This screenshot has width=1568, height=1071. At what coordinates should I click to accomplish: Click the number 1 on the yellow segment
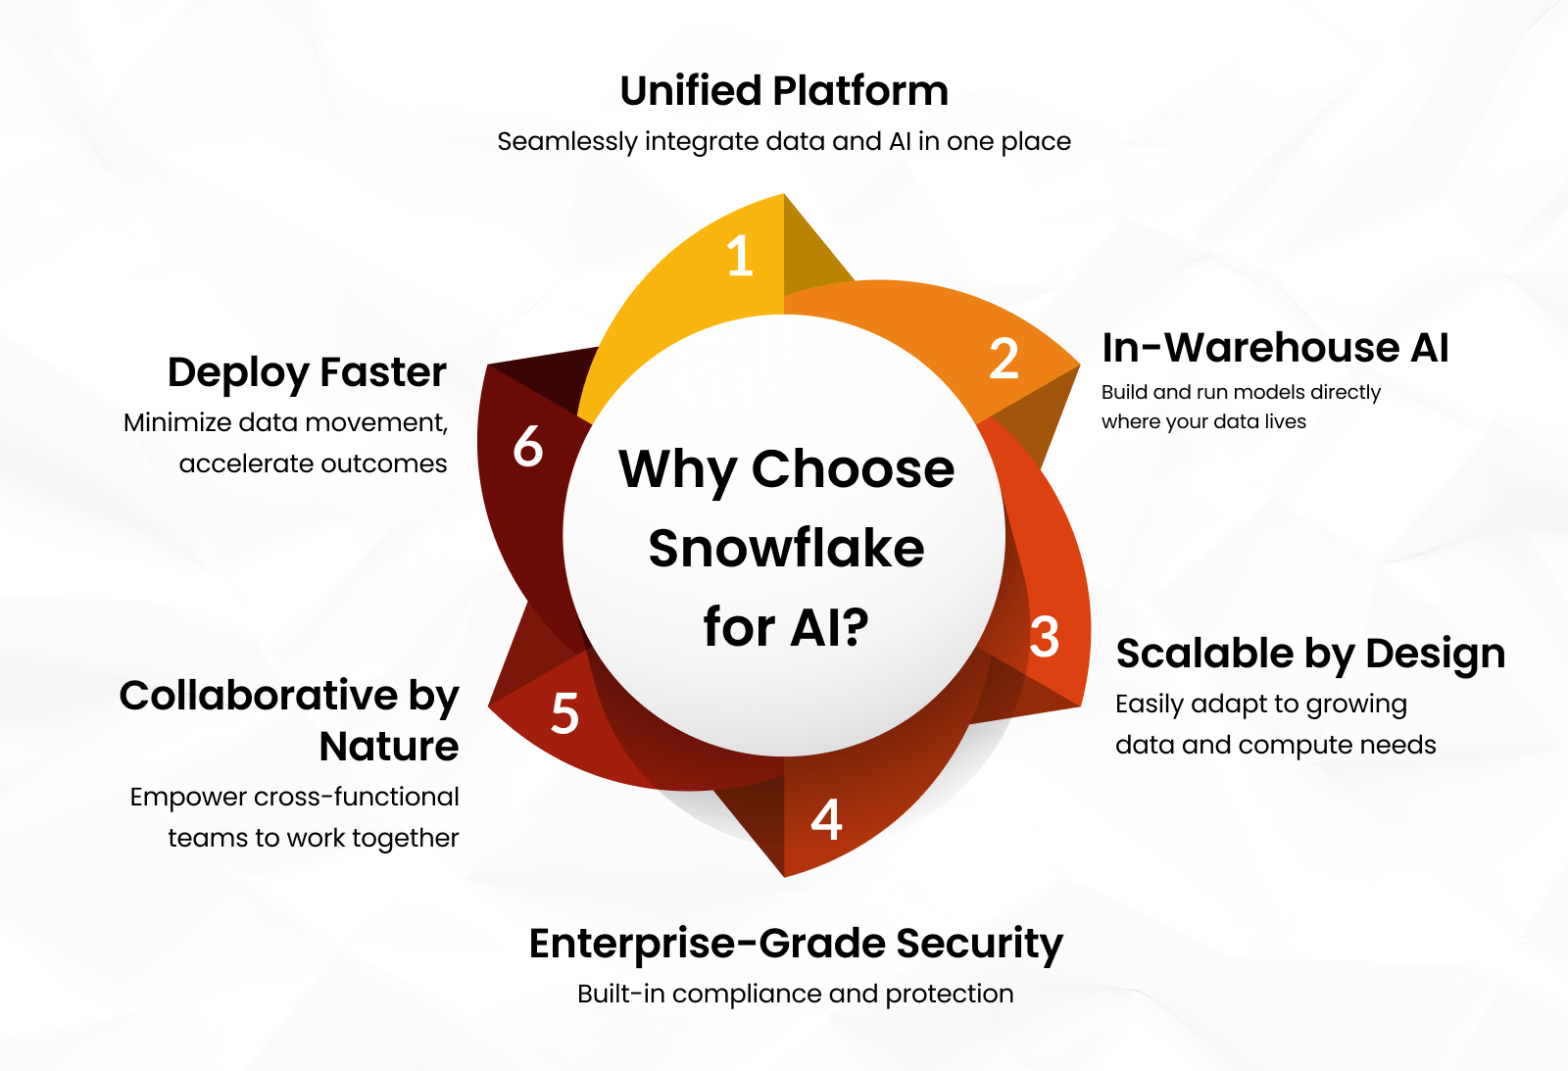click(x=740, y=256)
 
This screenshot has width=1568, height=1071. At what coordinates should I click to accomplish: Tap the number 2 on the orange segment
click(x=1004, y=359)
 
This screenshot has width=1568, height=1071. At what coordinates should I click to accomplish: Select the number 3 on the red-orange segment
click(x=1045, y=637)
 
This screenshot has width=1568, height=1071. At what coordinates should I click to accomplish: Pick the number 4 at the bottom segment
click(x=826, y=819)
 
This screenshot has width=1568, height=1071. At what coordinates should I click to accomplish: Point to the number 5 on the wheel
click(x=564, y=713)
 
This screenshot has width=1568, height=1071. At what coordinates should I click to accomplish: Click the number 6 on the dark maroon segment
click(x=528, y=447)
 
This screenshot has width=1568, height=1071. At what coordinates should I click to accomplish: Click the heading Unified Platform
click(x=784, y=91)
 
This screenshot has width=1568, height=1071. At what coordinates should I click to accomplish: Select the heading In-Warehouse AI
click(x=1275, y=348)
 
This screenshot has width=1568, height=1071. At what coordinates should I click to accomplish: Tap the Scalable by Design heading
click(x=1310, y=654)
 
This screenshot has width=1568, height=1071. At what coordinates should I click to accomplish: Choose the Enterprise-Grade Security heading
click(x=796, y=944)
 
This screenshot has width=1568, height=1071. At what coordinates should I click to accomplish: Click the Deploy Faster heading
click(x=307, y=372)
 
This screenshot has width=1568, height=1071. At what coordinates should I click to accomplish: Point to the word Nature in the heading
click(x=389, y=747)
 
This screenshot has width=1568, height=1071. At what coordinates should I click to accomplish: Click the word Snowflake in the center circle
click(x=786, y=548)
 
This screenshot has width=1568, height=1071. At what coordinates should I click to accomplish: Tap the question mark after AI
click(x=855, y=627)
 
